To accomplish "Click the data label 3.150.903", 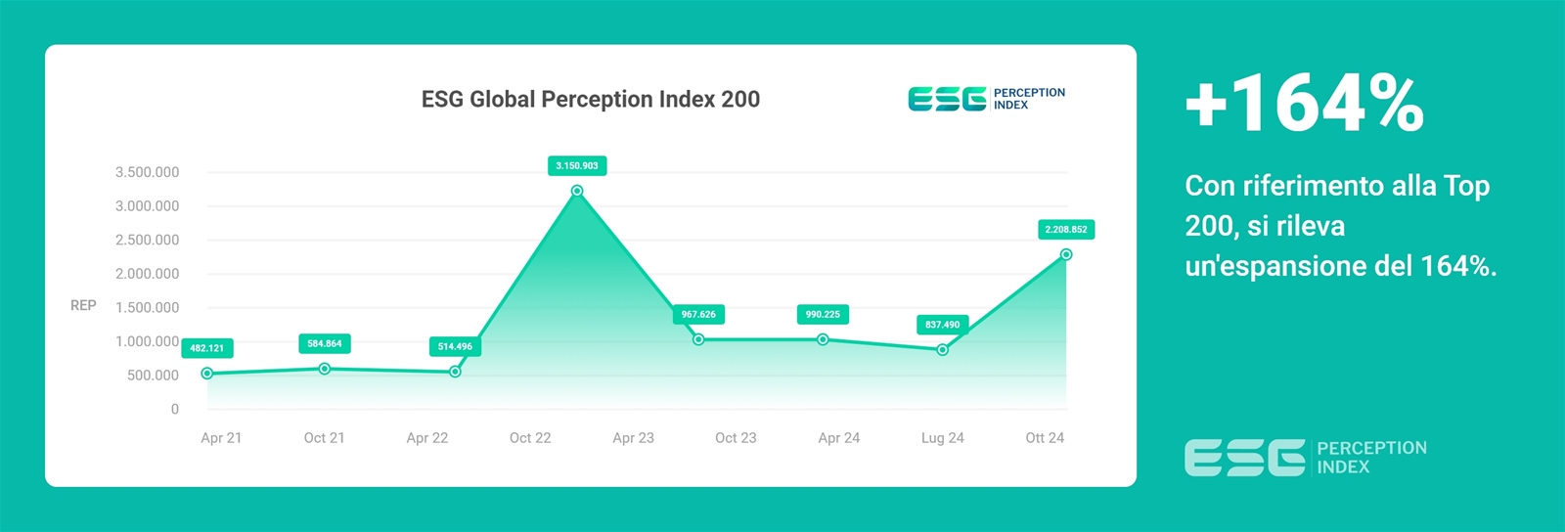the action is click(x=577, y=165).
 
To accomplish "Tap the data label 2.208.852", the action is click(x=1066, y=229).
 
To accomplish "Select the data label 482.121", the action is click(x=206, y=348).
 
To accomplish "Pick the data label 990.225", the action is click(x=823, y=314).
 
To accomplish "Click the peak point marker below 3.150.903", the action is click(x=577, y=191).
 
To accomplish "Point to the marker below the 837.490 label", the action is click(x=943, y=350).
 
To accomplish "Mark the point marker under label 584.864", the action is click(x=324, y=369).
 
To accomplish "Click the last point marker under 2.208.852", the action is click(x=1066, y=255).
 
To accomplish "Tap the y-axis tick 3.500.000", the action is click(x=148, y=172).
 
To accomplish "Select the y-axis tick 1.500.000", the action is click(x=148, y=308).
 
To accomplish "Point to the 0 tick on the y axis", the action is click(x=175, y=409).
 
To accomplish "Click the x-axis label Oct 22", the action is click(x=530, y=438).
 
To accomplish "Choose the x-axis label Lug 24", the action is click(x=943, y=438).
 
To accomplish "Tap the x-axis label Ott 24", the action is click(x=1045, y=438).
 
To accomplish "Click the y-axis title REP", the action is click(x=83, y=305).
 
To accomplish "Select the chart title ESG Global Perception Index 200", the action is click(x=591, y=99).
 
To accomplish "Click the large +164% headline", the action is click(x=1305, y=105).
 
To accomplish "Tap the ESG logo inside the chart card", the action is click(x=987, y=99).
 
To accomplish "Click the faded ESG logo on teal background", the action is click(x=1305, y=458).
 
